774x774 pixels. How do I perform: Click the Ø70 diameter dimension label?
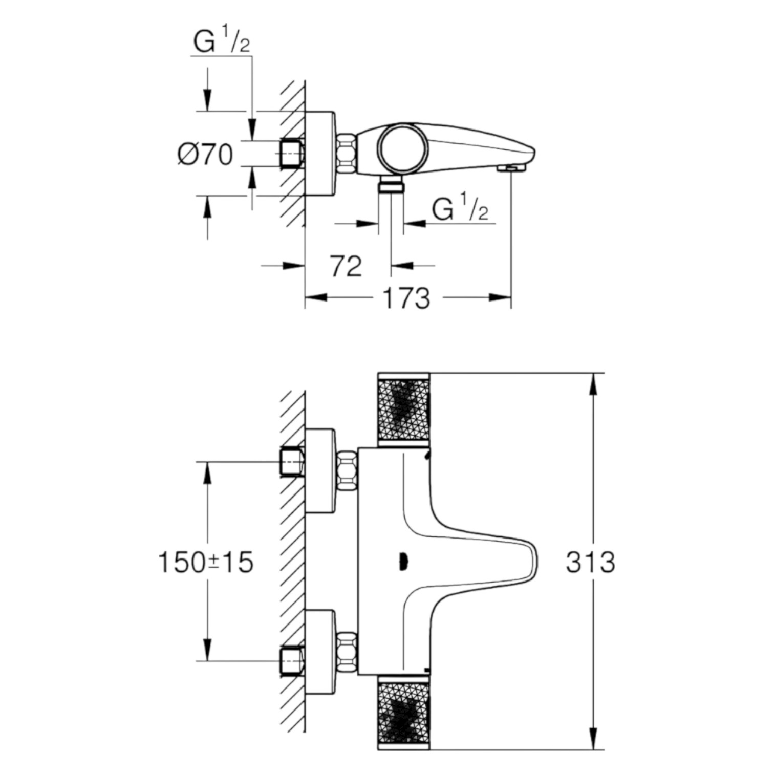205,154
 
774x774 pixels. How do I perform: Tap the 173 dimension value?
406,298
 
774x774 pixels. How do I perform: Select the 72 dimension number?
346,266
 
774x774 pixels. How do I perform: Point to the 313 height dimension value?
590,563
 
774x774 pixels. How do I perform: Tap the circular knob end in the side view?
403,148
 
